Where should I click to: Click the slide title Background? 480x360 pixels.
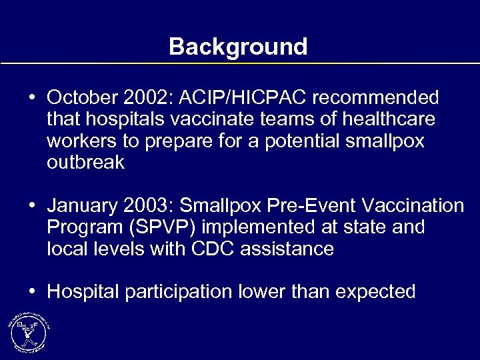coord(238,47)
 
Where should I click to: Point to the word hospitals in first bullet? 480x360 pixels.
coord(125,120)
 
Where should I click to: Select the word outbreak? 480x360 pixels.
coord(85,163)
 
